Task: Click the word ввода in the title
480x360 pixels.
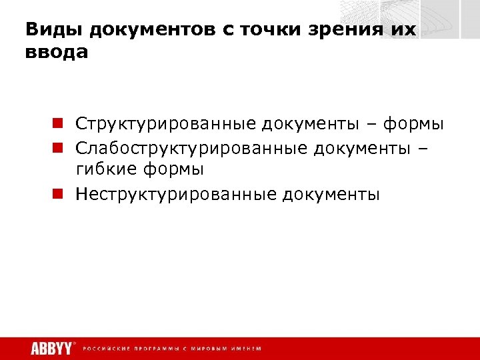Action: [x=57, y=51]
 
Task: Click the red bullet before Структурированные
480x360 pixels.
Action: [x=59, y=123]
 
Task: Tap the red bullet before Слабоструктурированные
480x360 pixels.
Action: [x=59, y=147]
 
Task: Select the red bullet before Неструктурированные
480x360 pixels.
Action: [x=59, y=194]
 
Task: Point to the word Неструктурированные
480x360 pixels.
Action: [x=176, y=195]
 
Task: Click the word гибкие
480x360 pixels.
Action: [x=107, y=170]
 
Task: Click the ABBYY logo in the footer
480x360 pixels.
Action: [x=51, y=348]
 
